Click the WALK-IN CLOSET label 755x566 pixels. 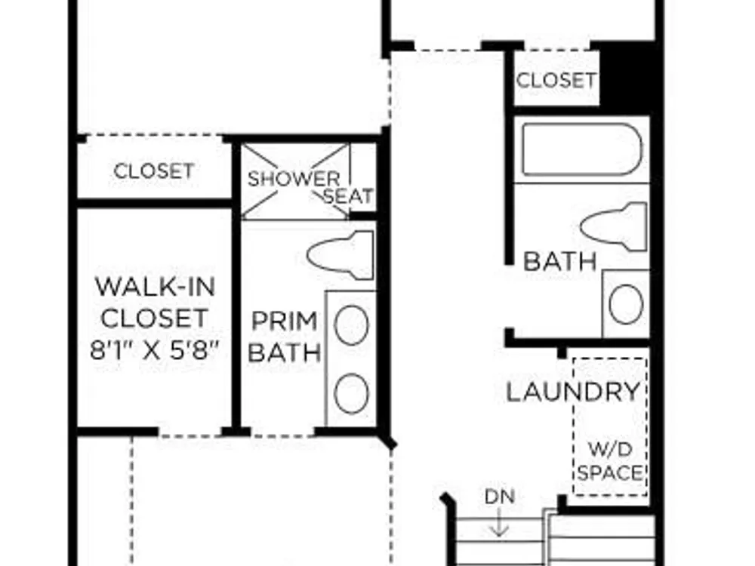tap(155, 303)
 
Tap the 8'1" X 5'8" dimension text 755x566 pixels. tap(155, 350)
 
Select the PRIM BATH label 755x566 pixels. tap(284, 337)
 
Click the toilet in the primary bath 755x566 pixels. tap(341, 255)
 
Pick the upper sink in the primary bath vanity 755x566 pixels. tap(352, 325)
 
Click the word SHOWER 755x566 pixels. tap(294, 179)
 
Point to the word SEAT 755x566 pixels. tap(349, 196)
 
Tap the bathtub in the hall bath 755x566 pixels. tap(582, 149)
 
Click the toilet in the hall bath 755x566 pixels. tap(613, 226)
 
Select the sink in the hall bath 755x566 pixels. tap(626, 304)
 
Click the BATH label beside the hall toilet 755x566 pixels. tap(560, 262)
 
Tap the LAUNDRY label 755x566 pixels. tap(573, 392)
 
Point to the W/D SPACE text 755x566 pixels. tap(610, 462)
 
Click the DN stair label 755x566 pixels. tap(499, 497)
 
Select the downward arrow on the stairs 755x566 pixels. tap(499, 522)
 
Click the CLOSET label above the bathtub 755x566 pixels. tap(556, 80)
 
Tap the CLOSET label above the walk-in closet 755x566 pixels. tap(154, 171)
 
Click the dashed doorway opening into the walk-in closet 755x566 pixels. tap(190, 435)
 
